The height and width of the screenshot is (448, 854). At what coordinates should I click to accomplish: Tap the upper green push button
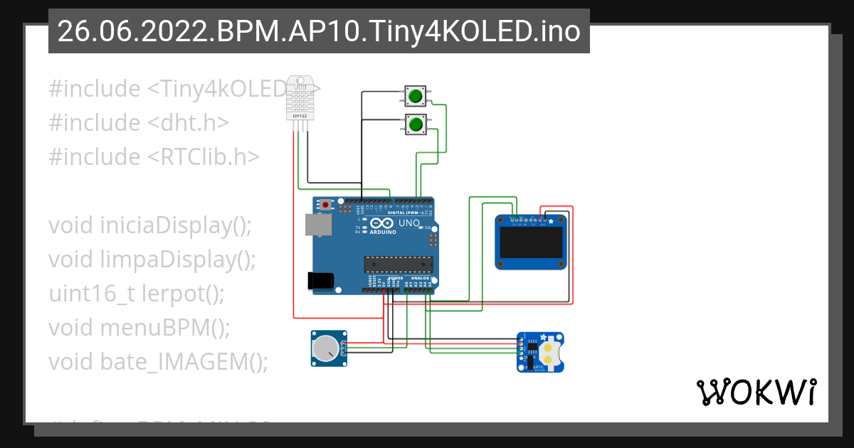click(416, 95)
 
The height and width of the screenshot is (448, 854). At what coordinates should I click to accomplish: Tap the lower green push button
click(416, 125)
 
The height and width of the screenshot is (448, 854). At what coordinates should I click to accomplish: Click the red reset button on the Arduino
click(326, 205)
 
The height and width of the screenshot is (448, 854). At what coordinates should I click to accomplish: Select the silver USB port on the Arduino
click(317, 225)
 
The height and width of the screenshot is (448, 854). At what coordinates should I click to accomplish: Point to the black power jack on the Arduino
click(318, 280)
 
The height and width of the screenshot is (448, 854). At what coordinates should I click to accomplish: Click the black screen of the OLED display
click(532, 242)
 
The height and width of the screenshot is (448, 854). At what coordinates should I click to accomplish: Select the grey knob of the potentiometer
click(326, 348)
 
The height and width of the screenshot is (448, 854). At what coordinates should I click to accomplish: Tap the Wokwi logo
click(756, 392)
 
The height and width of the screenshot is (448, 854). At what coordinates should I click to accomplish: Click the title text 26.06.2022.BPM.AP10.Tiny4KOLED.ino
click(318, 31)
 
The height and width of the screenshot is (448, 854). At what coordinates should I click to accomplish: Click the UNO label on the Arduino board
click(409, 223)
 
